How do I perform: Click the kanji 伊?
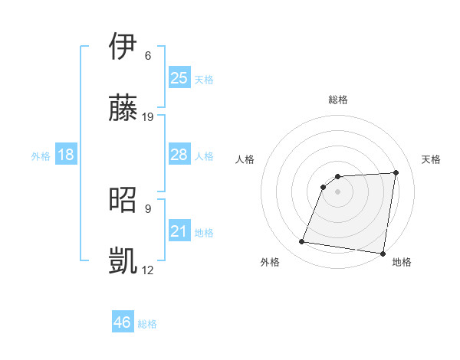123,47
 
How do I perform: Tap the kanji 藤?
123,109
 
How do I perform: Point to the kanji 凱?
123,260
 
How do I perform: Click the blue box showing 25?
179,77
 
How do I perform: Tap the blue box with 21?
179,231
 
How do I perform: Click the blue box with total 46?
123,322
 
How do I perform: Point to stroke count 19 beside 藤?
148,117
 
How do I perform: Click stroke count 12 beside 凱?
148,270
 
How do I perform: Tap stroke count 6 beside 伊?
148,55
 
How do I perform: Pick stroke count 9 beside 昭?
148,208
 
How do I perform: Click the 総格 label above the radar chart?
338,100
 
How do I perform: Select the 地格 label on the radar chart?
402,262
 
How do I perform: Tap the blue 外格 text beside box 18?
41,156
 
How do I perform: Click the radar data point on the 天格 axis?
396,172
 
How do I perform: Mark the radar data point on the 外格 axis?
302,242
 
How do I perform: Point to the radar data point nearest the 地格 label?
382,253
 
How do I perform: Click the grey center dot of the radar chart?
338,191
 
